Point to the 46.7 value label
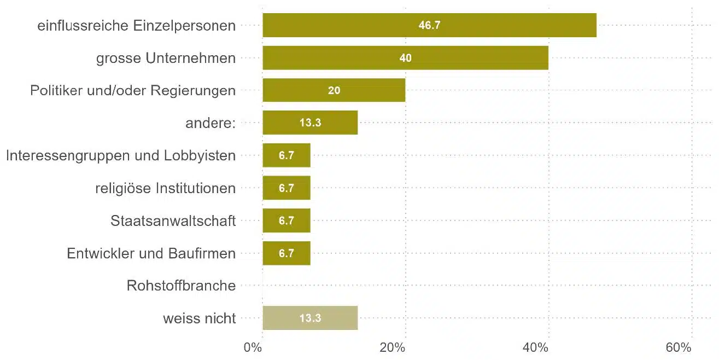[429, 26]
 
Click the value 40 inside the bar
[405, 58]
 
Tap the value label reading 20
[334, 91]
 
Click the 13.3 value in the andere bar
[310, 123]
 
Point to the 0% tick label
[253, 348]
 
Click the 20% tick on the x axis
[392, 348]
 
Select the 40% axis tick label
[535, 348]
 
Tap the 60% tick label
[679, 348]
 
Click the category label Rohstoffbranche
[181, 286]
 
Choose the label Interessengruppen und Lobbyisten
[121, 156]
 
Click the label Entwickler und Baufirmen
[151, 253]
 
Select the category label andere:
[211, 123]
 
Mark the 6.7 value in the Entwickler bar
[287, 253]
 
